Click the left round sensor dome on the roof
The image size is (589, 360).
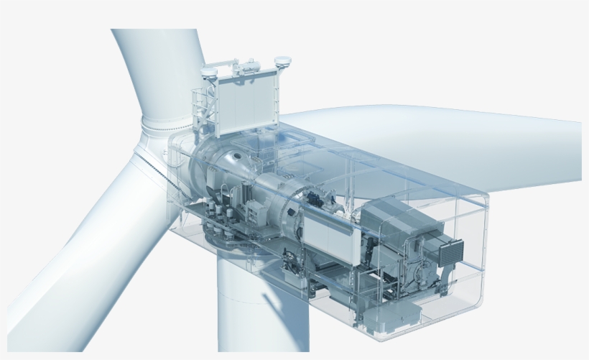[x=210, y=72]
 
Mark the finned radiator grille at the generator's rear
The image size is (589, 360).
[x=453, y=251]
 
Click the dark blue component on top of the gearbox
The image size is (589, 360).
[x=314, y=198]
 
